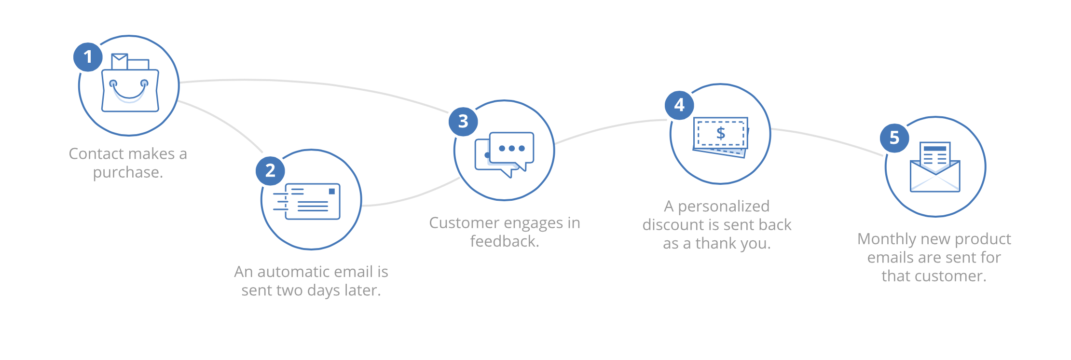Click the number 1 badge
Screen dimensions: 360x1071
[x=88, y=57]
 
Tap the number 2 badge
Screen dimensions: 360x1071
[x=270, y=170]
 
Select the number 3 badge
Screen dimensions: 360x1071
[x=463, y=122]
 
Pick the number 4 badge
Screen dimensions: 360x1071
[x=679, y=105]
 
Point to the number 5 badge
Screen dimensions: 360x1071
[x=894, y=138]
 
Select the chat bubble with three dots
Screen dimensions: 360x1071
[x=511, y=148]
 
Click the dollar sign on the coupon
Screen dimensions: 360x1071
[x=721, y=133]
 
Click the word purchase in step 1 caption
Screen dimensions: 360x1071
[x=128, y=172]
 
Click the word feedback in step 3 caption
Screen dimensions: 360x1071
[x=504, y=241]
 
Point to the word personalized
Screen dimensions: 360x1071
[x=724, y=207]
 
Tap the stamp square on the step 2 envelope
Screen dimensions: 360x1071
[x=332, y=192]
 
